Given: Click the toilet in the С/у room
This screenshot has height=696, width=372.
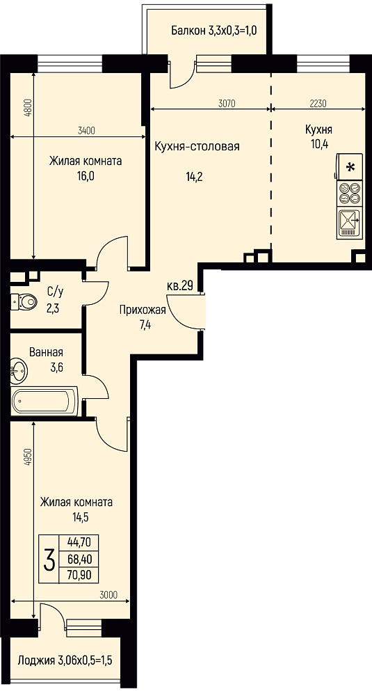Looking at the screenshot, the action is pyautogui.click(x=25, y=302).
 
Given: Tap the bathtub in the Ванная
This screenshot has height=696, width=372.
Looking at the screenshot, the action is pyautogui.click(x=45, y=401).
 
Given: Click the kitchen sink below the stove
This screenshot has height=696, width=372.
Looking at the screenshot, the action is pyautogui.click(x=350, y=223).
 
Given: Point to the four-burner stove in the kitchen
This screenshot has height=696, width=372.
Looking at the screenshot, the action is pyautogui.click(x=350, y=193).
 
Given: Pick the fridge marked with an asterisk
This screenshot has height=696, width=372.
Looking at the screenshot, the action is pyautogui.click(x=350, y=167).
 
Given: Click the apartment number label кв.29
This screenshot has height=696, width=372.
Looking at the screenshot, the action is pyautogui.click(x=179, y=286).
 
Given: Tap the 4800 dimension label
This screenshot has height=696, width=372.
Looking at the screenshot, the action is pyautogui.click(x=29, y=107).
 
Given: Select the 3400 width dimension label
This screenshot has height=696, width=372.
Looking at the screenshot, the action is pyautogui.click(x=86, y=131).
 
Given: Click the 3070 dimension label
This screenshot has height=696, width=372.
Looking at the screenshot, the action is pyautogui.click(x=226, y=104).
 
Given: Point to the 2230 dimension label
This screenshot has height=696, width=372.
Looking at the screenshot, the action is pyautogui.click(x=318, y=104).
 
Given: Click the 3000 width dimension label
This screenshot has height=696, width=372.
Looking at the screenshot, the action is pyautogui.click(x=108, y=595).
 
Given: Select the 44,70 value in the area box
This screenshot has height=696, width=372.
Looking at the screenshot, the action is pyautogui.click(x=79, y=542).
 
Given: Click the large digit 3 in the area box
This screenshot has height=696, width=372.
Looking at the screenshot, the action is pyautogui.click(x=49, y=560).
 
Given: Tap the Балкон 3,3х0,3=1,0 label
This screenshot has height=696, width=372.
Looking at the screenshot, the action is pyautogui.click(x=215, y=31).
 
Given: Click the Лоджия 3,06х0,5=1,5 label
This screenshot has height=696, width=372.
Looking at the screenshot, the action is pyautogui.click(x=65, y=661).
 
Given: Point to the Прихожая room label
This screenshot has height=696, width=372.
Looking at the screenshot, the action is pyautogui.click(x=143, y=310).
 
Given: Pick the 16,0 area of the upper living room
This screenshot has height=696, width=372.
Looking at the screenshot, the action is pyautogui.click(x=85, y=175).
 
